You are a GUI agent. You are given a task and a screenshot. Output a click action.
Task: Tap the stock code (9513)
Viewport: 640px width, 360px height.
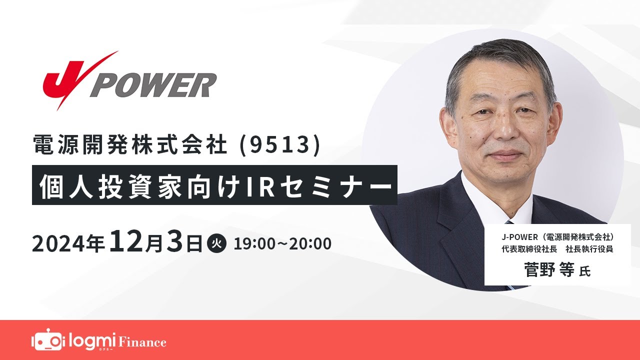pyautogui.click(x=282, y=145)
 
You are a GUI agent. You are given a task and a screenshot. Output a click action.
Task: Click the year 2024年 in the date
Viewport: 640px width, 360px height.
pyautogui.click(x=68, y=244)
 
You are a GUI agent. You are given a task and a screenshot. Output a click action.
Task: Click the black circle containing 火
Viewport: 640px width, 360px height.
pyautogui.click(x=216, y=244)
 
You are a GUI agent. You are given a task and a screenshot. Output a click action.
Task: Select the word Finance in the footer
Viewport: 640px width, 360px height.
pyautogui.click(x=142, y=342)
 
